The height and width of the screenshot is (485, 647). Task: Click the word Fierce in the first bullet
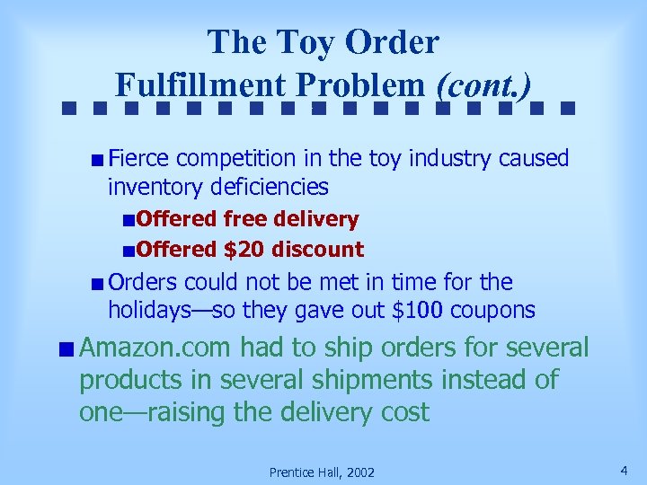138,159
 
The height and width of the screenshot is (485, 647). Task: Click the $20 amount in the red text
244,250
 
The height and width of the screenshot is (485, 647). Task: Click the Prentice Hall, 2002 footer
323,472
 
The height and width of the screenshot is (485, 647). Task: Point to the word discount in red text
318,250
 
